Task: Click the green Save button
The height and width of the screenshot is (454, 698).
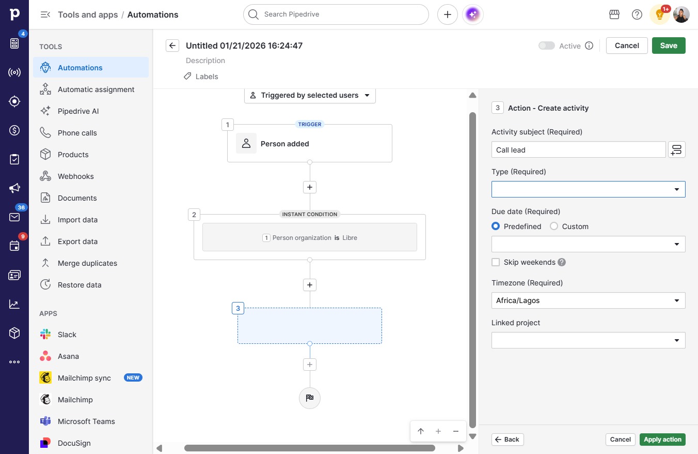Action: point(669,46)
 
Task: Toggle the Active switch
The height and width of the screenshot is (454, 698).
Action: point(547,46)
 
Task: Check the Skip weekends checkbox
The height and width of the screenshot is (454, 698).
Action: point(496,262)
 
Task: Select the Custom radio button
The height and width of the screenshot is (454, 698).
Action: point(554,226)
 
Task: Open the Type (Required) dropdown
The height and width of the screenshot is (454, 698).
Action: point(589,189)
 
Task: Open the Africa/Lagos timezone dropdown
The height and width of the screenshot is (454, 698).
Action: point(589,300)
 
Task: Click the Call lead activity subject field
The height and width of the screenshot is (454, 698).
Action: point(578,150)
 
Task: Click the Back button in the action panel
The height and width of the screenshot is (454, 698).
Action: point(507,440)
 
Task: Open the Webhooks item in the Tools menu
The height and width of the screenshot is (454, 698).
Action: point(75,176)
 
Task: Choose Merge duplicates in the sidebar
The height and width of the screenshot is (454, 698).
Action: point(87,263)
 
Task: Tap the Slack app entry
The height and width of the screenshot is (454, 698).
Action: point(67,335)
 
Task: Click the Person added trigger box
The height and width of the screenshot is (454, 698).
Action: point(309,143)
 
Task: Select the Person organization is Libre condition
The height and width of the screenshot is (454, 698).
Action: point(309,237)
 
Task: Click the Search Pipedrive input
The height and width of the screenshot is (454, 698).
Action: point(336,14)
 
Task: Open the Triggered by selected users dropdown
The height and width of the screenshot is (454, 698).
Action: point(310,95)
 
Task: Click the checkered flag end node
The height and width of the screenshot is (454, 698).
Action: point(309,398)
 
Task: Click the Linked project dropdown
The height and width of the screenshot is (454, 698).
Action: point(589,340)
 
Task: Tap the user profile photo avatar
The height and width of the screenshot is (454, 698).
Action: point(681,14)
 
